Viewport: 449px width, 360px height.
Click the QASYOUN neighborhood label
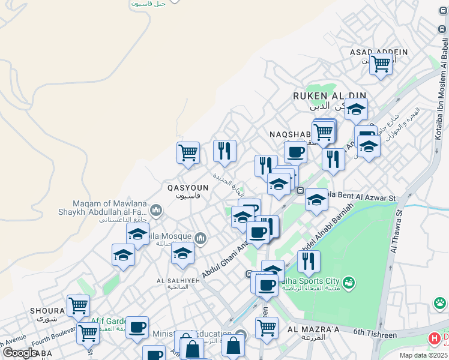click(188, 188)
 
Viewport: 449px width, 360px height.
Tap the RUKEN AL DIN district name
click(329, 96)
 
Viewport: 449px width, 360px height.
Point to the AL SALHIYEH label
click(176, 280)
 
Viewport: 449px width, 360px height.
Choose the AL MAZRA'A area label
click(314, 329)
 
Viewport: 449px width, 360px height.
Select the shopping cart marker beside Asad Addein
click(381, 64)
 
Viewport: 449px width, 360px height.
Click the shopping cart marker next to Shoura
click(78, 306)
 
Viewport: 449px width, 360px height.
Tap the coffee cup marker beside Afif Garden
click(137, 328)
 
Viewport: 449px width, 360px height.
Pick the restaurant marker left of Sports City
click(309, 262)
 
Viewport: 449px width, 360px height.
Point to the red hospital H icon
click(434, 339)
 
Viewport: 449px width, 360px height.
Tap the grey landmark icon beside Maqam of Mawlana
click(156, 210)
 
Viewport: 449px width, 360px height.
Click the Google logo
click(20, 353)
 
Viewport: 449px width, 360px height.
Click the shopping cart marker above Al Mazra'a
click(267, 328)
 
